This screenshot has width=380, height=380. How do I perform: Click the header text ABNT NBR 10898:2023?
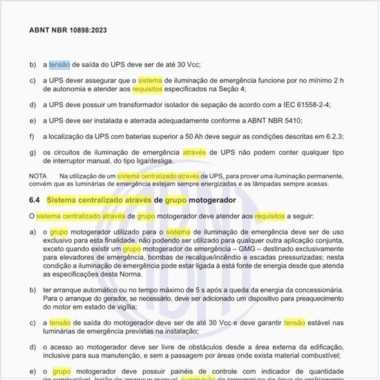[68, 31]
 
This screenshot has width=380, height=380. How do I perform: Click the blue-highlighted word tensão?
[59, 64]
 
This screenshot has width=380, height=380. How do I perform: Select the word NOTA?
[38, 176]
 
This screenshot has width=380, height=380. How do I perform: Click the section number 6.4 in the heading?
[35, 200]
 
